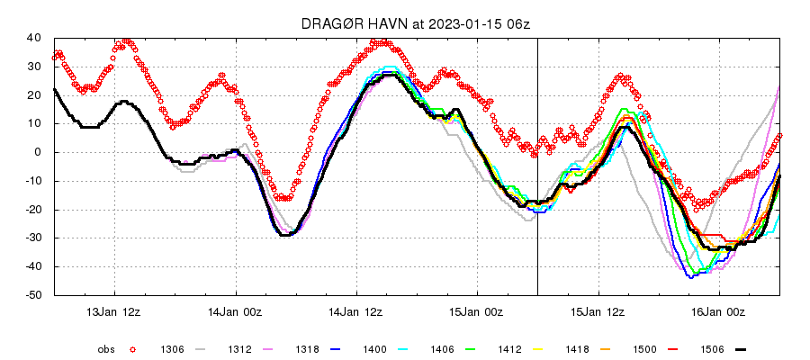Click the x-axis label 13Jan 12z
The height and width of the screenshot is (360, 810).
[114, 311]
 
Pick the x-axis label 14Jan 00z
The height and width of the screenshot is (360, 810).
[236, 311]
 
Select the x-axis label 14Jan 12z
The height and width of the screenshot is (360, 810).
[356, 311]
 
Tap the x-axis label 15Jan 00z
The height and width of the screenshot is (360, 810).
[478, 311]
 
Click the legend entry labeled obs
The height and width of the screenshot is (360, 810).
[107, 348]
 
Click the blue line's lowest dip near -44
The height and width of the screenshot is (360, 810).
[691, 277]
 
